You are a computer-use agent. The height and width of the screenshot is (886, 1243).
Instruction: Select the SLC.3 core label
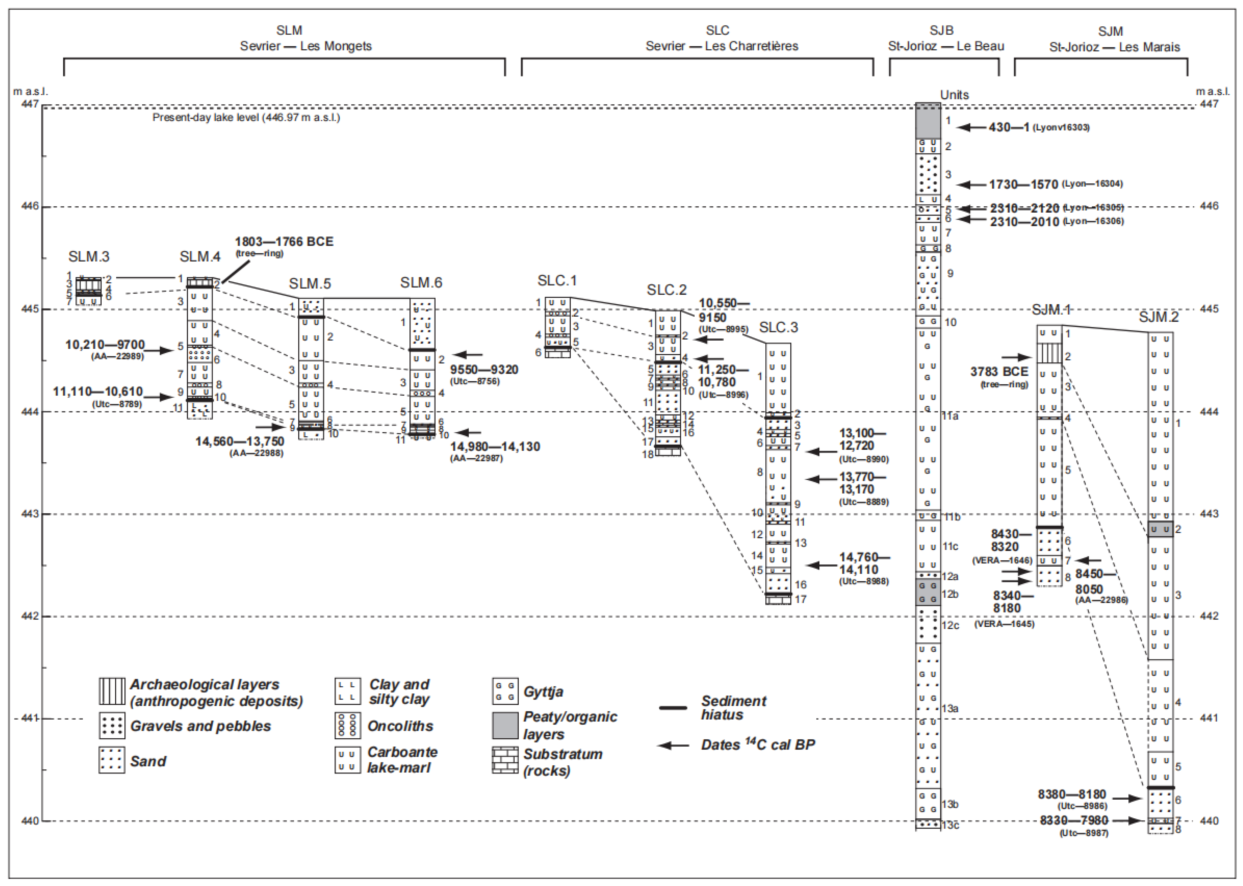pyautogui.click(x=778, y=327)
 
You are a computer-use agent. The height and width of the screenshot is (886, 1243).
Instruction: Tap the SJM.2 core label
pyautogui.click(x=1158, y=317)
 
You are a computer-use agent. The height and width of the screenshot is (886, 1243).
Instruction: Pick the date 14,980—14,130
pyautogui.click(x=495, y=447)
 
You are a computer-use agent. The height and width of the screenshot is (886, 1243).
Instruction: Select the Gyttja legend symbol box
pyautogui.click(x=505, y=692)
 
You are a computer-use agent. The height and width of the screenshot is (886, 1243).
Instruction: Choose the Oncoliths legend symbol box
pyautogui.click(x=347, y=726)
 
